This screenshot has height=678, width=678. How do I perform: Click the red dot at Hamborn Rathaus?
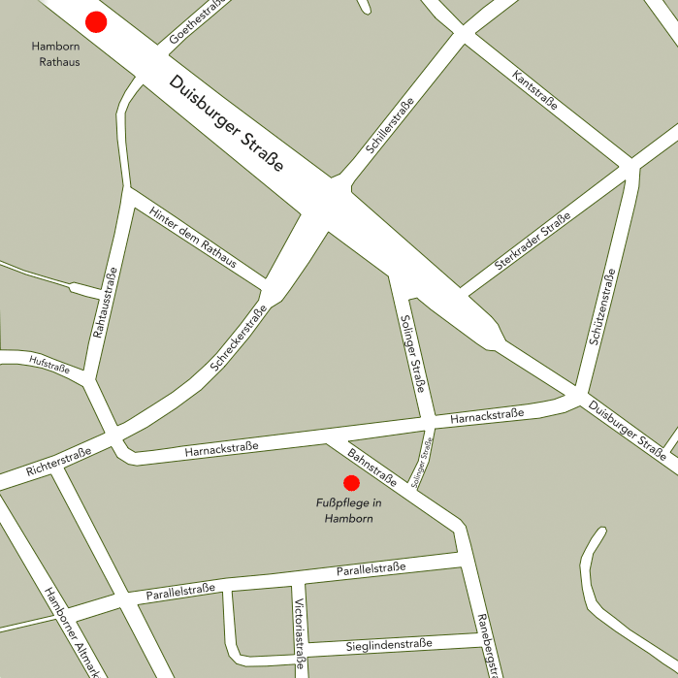tap(96, 22)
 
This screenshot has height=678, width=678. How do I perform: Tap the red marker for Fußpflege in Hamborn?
tap(351, 482)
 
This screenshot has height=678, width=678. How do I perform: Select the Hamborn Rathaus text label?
tap(55, 54)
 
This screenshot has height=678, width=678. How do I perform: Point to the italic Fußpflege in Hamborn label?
tap(349, 510)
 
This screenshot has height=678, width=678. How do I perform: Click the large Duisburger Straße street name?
tap(226, 124)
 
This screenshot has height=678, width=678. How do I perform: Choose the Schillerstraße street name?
tap(390, 126)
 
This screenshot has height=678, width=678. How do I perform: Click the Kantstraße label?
tap(534, 90)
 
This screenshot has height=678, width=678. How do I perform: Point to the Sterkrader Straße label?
tap(532, 250)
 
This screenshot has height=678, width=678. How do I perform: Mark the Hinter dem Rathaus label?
tap(193, 238)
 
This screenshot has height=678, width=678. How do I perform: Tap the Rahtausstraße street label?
tap(105, 304)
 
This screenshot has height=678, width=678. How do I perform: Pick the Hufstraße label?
tap(49, 364)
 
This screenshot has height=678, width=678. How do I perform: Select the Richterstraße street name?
tap(58, 461)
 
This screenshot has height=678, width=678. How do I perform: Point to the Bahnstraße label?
tap(371, 466)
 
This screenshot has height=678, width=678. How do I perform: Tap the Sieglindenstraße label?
tap(388, 646)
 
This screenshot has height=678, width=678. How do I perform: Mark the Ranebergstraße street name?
tap(490, 644)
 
